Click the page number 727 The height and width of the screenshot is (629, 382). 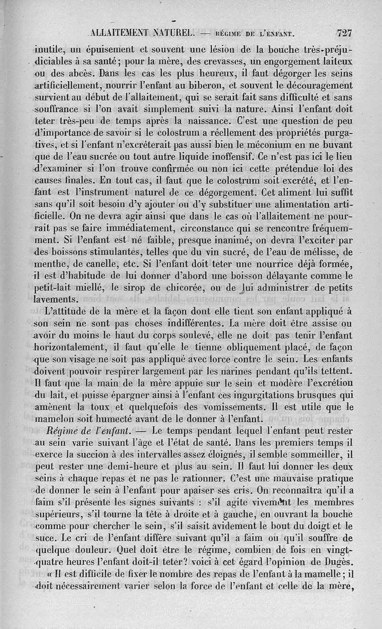344,33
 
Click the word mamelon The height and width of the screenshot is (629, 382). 53,419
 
